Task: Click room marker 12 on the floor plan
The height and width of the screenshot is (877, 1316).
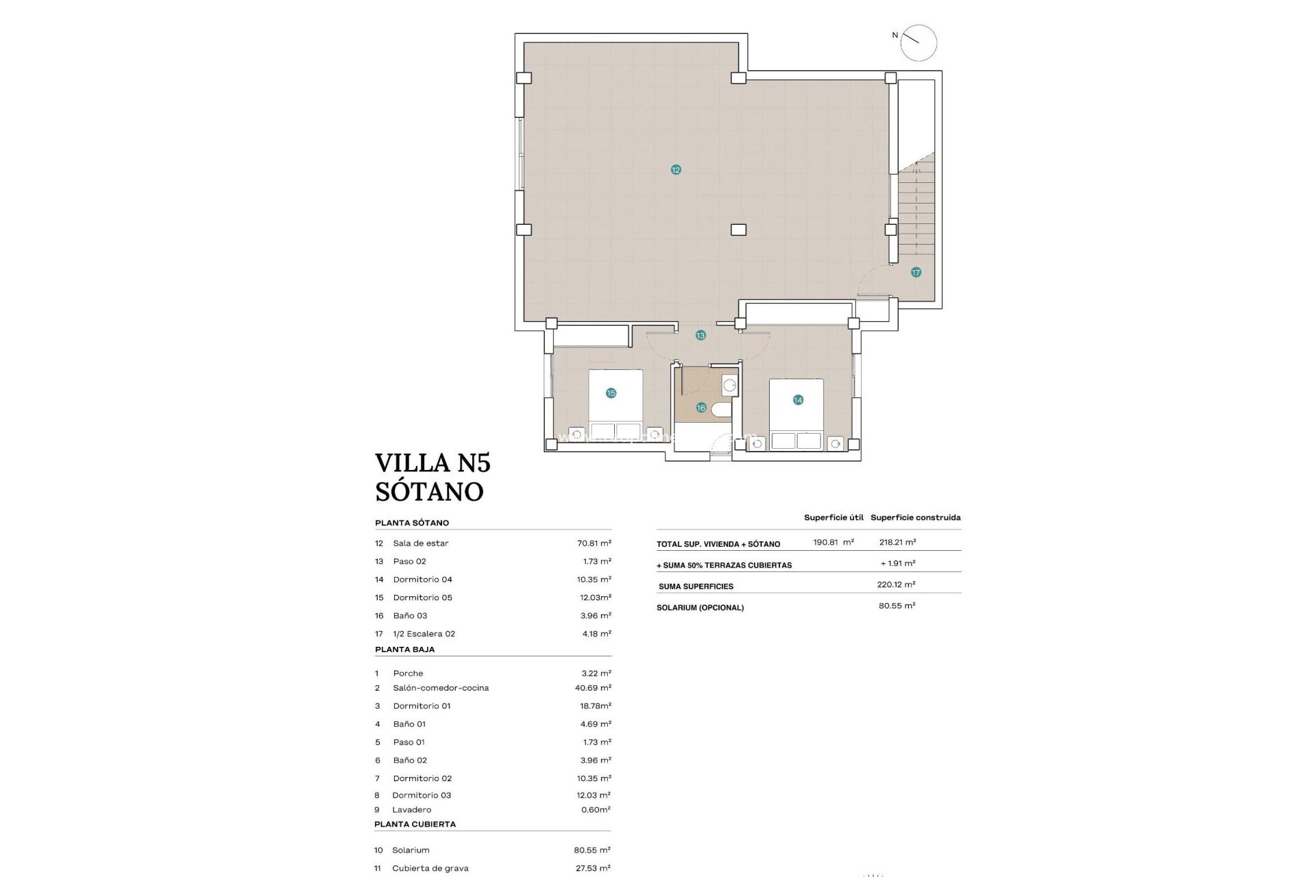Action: [676, 170]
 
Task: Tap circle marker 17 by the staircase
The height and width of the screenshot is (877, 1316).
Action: [916, 272]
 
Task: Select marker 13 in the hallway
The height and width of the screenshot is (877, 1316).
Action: [700, 336]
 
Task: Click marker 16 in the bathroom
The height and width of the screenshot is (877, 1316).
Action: [700, 408]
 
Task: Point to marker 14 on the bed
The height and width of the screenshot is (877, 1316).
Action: [798, 400]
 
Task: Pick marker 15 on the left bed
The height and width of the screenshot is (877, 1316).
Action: [611, 393]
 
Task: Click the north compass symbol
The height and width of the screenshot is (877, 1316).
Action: [918, 43]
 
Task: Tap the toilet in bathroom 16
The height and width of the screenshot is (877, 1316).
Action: [721, 410]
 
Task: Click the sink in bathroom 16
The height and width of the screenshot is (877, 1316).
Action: [729, 385]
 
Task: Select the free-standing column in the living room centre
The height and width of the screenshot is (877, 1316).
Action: [738, 230]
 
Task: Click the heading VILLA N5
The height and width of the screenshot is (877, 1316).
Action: [432, 463]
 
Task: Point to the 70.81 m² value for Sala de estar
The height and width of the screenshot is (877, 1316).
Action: [594, 543]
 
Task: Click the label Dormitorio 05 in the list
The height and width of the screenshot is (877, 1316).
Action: [422, 597]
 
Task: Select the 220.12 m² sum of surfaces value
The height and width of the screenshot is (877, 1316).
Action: [897, 584]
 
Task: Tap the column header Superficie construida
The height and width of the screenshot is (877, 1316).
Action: [915, 517]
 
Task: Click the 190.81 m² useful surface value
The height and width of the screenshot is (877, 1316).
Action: [833, 542]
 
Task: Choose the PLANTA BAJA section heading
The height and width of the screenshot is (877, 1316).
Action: [404, 650]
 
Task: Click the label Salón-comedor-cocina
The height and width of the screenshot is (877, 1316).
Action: [441, 688]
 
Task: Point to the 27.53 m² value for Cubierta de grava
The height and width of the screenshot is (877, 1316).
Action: [592, 868]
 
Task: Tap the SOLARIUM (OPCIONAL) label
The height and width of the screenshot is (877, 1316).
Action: [700, 608]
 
